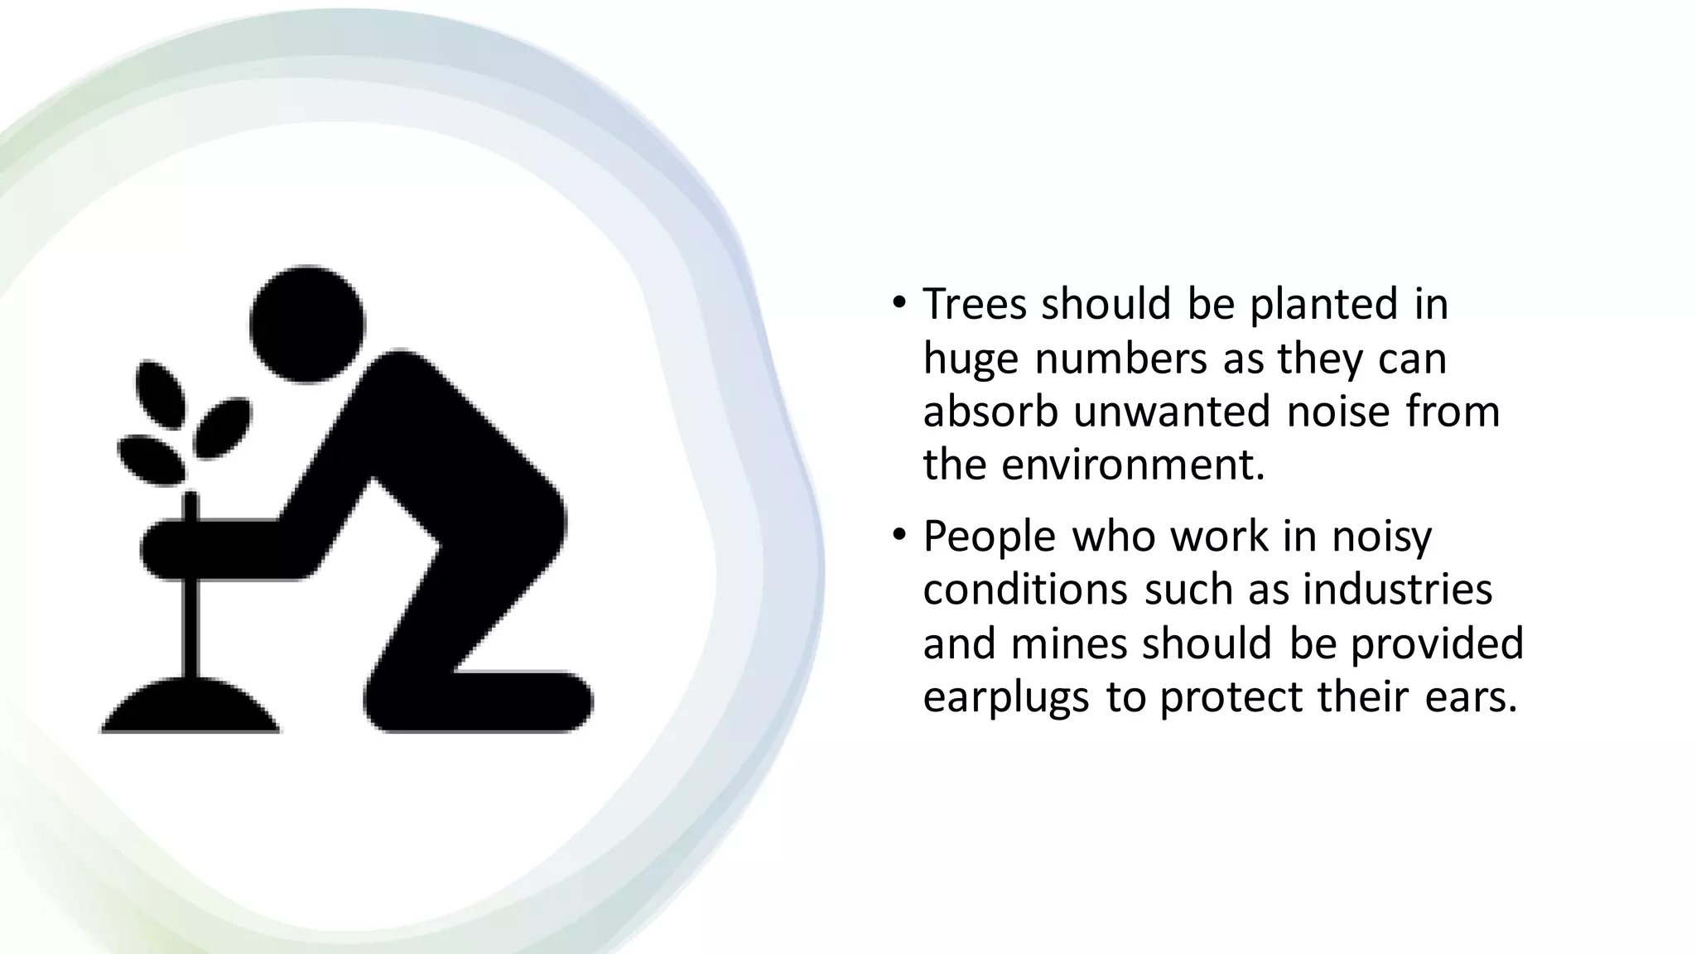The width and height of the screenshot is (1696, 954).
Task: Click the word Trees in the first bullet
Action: pyautogui.click(x=975, y=304)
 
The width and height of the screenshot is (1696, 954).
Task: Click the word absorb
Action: pyautogui.click(x=990, y=412)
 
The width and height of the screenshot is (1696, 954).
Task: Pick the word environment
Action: pyautogui.click(x=1133, y=465)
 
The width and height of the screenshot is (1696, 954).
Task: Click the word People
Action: pyautogui.click(x=989, y=537)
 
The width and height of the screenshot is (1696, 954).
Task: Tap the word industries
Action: pyautogui.click(x=1397, y=590)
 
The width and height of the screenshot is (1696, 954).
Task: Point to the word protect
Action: pyautogui.click(x=1231, y=696)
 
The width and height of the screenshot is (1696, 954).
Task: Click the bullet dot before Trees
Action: pyautogui.click(x=899, y=304)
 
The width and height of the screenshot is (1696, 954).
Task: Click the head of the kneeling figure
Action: pyautogui.click(x=307, y=324)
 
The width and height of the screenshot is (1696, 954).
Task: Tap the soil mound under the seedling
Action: pyautogui.click(x=190, y=708)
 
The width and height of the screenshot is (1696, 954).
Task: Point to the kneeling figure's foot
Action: pyautogui.click(x=530, y=701)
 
